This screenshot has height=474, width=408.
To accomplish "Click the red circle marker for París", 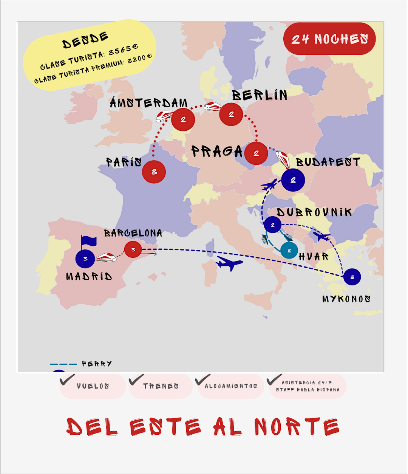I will (x=154, y=172).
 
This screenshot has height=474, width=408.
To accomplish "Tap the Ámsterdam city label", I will (x=148, y=103).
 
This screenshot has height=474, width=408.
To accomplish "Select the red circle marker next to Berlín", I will (x=231, y=114).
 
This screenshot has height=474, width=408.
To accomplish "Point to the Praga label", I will (x=216, y=152).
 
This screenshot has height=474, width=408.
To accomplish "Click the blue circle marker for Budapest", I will (x=293, y=180).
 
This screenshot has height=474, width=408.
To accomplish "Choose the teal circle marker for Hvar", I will (x=289, y=250).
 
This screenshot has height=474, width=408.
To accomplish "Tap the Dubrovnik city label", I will (x=314, y=212).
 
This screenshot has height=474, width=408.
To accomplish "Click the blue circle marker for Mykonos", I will (x=352, y=277).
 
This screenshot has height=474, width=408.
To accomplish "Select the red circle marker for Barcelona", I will (x=133, y=249).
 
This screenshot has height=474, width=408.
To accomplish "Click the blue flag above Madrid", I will (x=89, y=241).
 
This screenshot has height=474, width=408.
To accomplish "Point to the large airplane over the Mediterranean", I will (x=229, y=263).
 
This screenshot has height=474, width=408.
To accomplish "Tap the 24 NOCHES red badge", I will (x=329, y=39).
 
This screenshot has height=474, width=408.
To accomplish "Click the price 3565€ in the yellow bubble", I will (x=123, y=50).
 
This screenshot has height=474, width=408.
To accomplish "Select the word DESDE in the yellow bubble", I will (x=85, y=40).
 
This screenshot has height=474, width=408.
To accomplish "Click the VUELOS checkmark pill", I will (x=93, y=386).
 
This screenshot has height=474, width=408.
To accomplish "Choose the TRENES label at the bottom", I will (x=161, y=386).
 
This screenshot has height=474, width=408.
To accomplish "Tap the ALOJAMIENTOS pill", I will (x=230, y=386).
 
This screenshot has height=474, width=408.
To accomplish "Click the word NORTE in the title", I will (x=297, y=427).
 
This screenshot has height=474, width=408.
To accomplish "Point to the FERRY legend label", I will (x=97, y=364).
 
